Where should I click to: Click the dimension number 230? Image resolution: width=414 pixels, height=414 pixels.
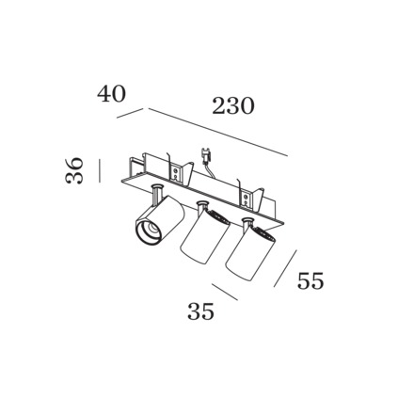point(232,105)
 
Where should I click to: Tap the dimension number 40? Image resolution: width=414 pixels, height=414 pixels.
point(111,93)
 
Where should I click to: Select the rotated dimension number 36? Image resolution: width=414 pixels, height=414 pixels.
point(74,170)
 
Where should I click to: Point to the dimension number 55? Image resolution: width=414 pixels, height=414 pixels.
point(310,280)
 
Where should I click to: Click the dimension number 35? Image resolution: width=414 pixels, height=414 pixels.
point(200,311)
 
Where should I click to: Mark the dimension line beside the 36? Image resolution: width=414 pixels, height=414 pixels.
point(100,170)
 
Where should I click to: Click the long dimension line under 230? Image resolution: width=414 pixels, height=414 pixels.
point(218,132)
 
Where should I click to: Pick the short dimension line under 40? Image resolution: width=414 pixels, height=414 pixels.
point(130,114)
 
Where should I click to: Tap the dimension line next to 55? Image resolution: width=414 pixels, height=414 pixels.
point(285,268)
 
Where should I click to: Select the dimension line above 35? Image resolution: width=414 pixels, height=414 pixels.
point(225,292)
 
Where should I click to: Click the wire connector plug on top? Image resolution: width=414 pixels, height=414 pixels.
point(205,156)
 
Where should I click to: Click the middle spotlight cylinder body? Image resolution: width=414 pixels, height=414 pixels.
point(205,236)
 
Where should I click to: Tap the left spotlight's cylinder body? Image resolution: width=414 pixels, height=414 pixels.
point(159,220)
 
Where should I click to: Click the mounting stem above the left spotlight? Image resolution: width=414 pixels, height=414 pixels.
point(156,193)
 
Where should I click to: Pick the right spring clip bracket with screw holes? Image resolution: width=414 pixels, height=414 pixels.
point(249,199)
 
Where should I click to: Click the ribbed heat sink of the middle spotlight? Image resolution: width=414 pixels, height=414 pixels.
point(219,216)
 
